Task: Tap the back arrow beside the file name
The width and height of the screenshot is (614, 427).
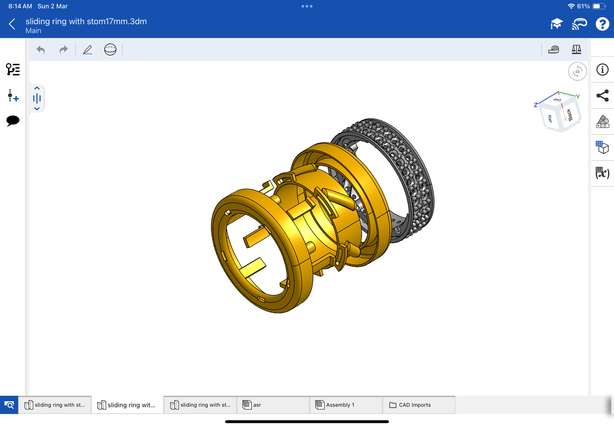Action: pyautogui.click(x=12, y=24)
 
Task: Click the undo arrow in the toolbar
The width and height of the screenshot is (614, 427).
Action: pyautogui.click(x=41, y=50)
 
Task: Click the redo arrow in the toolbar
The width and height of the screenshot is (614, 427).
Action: pyautogui.click(x=64, y=50)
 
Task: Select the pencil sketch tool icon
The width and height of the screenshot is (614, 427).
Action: pyautogui.click(x=87, y=50)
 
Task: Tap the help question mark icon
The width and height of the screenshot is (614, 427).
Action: pyautogui.click(x=602, y=24)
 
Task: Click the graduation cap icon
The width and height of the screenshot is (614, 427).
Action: pyautogui.click(x=557, y=24)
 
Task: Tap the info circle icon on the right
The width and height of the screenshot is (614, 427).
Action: pyautogui.click(x=602, y=69)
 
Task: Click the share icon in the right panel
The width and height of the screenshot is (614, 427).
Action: pyautogui.click(x=602, y=96)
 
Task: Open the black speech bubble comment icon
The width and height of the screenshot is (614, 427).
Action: pyautogui.click(x=13, y=121)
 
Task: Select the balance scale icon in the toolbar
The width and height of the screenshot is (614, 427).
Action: pyautogui.click(x=576, y=50)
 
